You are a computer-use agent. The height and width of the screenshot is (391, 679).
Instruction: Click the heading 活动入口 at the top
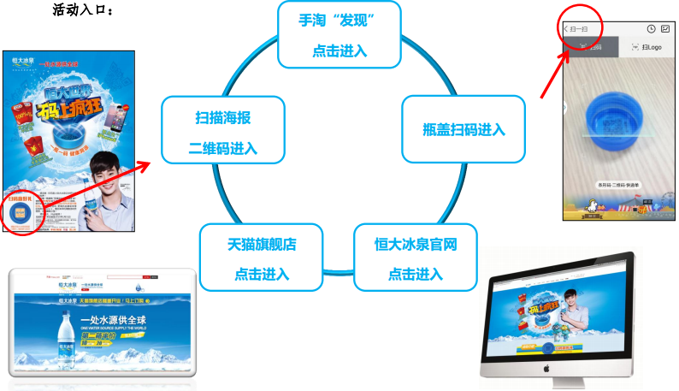coord(83,10)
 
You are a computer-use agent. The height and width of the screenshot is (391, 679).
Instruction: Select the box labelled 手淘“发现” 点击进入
coord(339,35)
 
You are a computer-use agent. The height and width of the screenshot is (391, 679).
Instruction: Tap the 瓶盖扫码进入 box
coord(463,130)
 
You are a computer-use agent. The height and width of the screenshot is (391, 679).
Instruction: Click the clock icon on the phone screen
coord(652,28)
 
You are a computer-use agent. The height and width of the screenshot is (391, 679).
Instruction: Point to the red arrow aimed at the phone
coord(556,72)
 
